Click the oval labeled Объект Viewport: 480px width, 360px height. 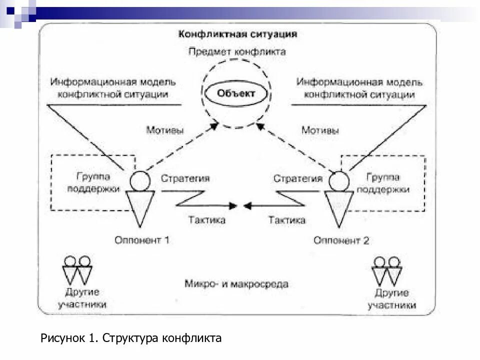(236, 93)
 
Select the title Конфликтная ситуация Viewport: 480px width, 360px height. (238, 34)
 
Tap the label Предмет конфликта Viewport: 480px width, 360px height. (237, 51)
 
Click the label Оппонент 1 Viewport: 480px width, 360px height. (142, 240)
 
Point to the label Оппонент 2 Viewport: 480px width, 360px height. (341, 240)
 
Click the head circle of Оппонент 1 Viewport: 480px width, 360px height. (140, 180)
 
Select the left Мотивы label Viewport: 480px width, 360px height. (165, 130)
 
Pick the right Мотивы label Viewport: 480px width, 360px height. (320, 130)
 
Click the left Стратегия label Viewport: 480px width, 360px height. (185, 178)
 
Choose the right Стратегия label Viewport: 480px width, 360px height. (298, 178)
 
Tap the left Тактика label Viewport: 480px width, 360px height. (206, 219)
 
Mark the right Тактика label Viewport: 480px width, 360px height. (287, 219)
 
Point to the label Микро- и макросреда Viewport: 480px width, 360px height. (236, 284)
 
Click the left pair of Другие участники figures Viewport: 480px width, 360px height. (78, 270)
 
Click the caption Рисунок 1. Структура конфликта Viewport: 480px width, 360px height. (131, 338)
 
